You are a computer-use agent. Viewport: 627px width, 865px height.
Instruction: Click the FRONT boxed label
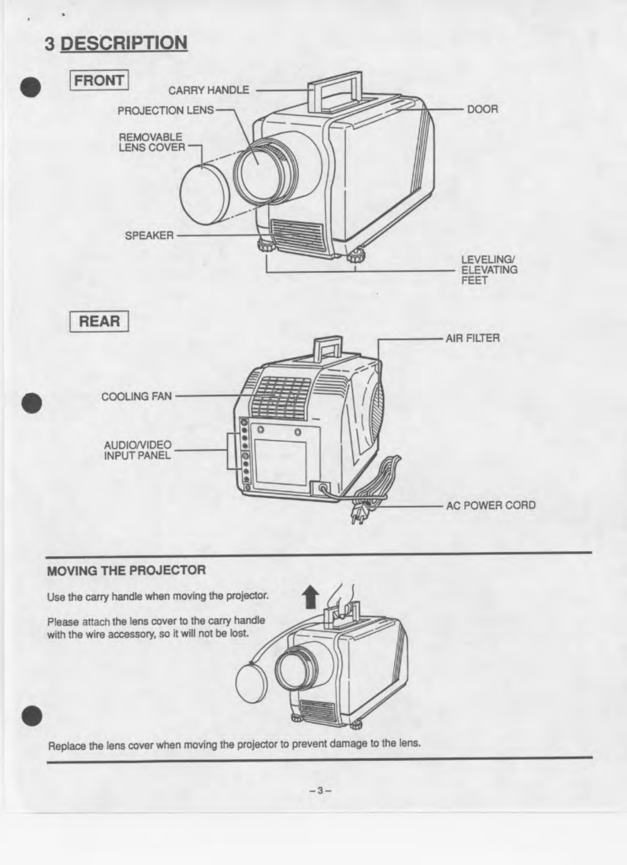[x=99, y=81]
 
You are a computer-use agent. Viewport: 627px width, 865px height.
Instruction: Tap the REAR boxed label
[x=99, y=321]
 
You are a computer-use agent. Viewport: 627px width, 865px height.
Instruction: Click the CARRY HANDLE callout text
[x=209, y=90]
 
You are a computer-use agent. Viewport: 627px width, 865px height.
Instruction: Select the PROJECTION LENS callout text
[x=165, y=110]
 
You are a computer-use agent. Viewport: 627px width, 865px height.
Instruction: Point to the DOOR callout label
[x=482, y=109]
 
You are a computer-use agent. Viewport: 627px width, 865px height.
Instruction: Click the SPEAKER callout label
[x=149, y=236]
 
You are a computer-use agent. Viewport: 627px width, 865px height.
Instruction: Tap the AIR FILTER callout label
[x=472, y=338]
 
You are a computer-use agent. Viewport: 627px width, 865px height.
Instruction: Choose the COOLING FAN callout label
[x=136, y=396]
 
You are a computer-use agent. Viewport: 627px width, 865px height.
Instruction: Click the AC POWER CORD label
[x=490, y=505]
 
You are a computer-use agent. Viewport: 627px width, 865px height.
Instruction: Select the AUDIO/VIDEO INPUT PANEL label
[x=137, y=450]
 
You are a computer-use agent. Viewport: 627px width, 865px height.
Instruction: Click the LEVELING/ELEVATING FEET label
[x=489, y=270]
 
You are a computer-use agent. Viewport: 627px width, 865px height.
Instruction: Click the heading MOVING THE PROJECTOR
[x=126, y=570]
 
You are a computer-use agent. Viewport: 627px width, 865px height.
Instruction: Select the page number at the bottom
[x=319, y=790]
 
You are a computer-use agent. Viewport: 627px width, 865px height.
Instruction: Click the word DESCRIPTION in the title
[x=123, y=43]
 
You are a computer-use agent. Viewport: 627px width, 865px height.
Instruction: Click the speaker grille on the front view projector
[x=297, y=237]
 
